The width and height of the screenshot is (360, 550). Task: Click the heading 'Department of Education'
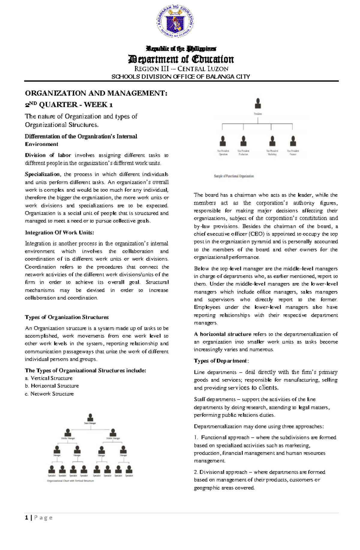tap(181, 59)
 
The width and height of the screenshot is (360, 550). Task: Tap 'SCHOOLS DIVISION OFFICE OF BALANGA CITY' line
tap(181, 77)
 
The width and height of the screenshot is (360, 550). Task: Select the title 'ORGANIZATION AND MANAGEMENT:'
tap(96, 93)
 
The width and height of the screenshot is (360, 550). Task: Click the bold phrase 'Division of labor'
tap(48, 155)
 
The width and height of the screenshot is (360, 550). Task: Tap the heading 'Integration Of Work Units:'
tap(59, 233)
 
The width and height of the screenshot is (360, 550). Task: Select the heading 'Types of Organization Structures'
tap(67, 317)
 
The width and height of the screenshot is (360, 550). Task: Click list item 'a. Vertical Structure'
tap(49, 378)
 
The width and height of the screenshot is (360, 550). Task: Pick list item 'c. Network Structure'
tap(49, 394)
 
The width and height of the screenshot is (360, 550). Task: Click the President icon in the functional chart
tap(258, 104)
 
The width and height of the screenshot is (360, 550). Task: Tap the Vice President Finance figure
tap(293, 141)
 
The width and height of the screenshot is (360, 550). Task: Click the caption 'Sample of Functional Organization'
tap(234, 176)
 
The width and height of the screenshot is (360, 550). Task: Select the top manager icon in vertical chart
tap(90, 418)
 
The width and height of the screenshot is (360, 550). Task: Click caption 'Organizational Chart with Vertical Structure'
tap(70, 481)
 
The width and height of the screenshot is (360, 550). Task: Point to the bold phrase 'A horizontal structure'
tap(222, 334)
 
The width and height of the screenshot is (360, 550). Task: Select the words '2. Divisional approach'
tap(220, 472)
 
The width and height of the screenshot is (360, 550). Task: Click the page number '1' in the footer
tap(27, 518)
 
